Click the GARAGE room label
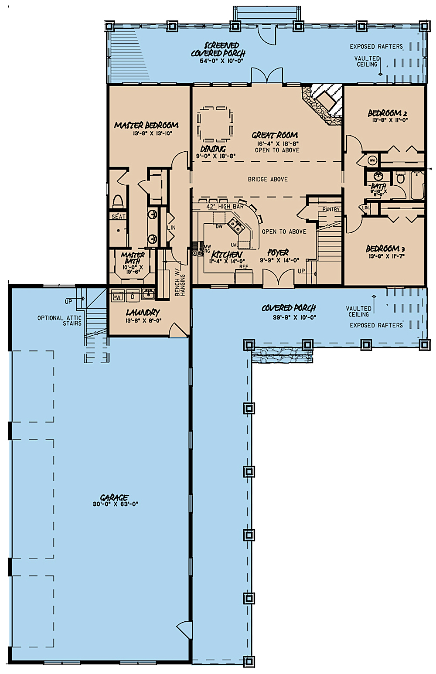pyautogui.click(x=114, y=497)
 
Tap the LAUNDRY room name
pyautogui.click(x=143, y=313)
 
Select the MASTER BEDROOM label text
pyautogui.click(x=146, y=125)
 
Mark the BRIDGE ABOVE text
pyautogui.click(x=268, y=179)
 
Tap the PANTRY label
pyautogui.click(x=331, y=210)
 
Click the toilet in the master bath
pyautogui.click(x=117, y=202)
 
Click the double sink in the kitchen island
pyautogui.click(x=235, y=225)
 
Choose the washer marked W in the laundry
pyautogui.click(x=118, y=297)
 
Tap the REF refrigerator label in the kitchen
pyautogui.click(x=243, y=267)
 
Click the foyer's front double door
pyautogui.click(x=278, y=278)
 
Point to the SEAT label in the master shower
pyautogui.click(x=118, y=217)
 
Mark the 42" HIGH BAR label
pyautogui.click(x=225, y=206)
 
